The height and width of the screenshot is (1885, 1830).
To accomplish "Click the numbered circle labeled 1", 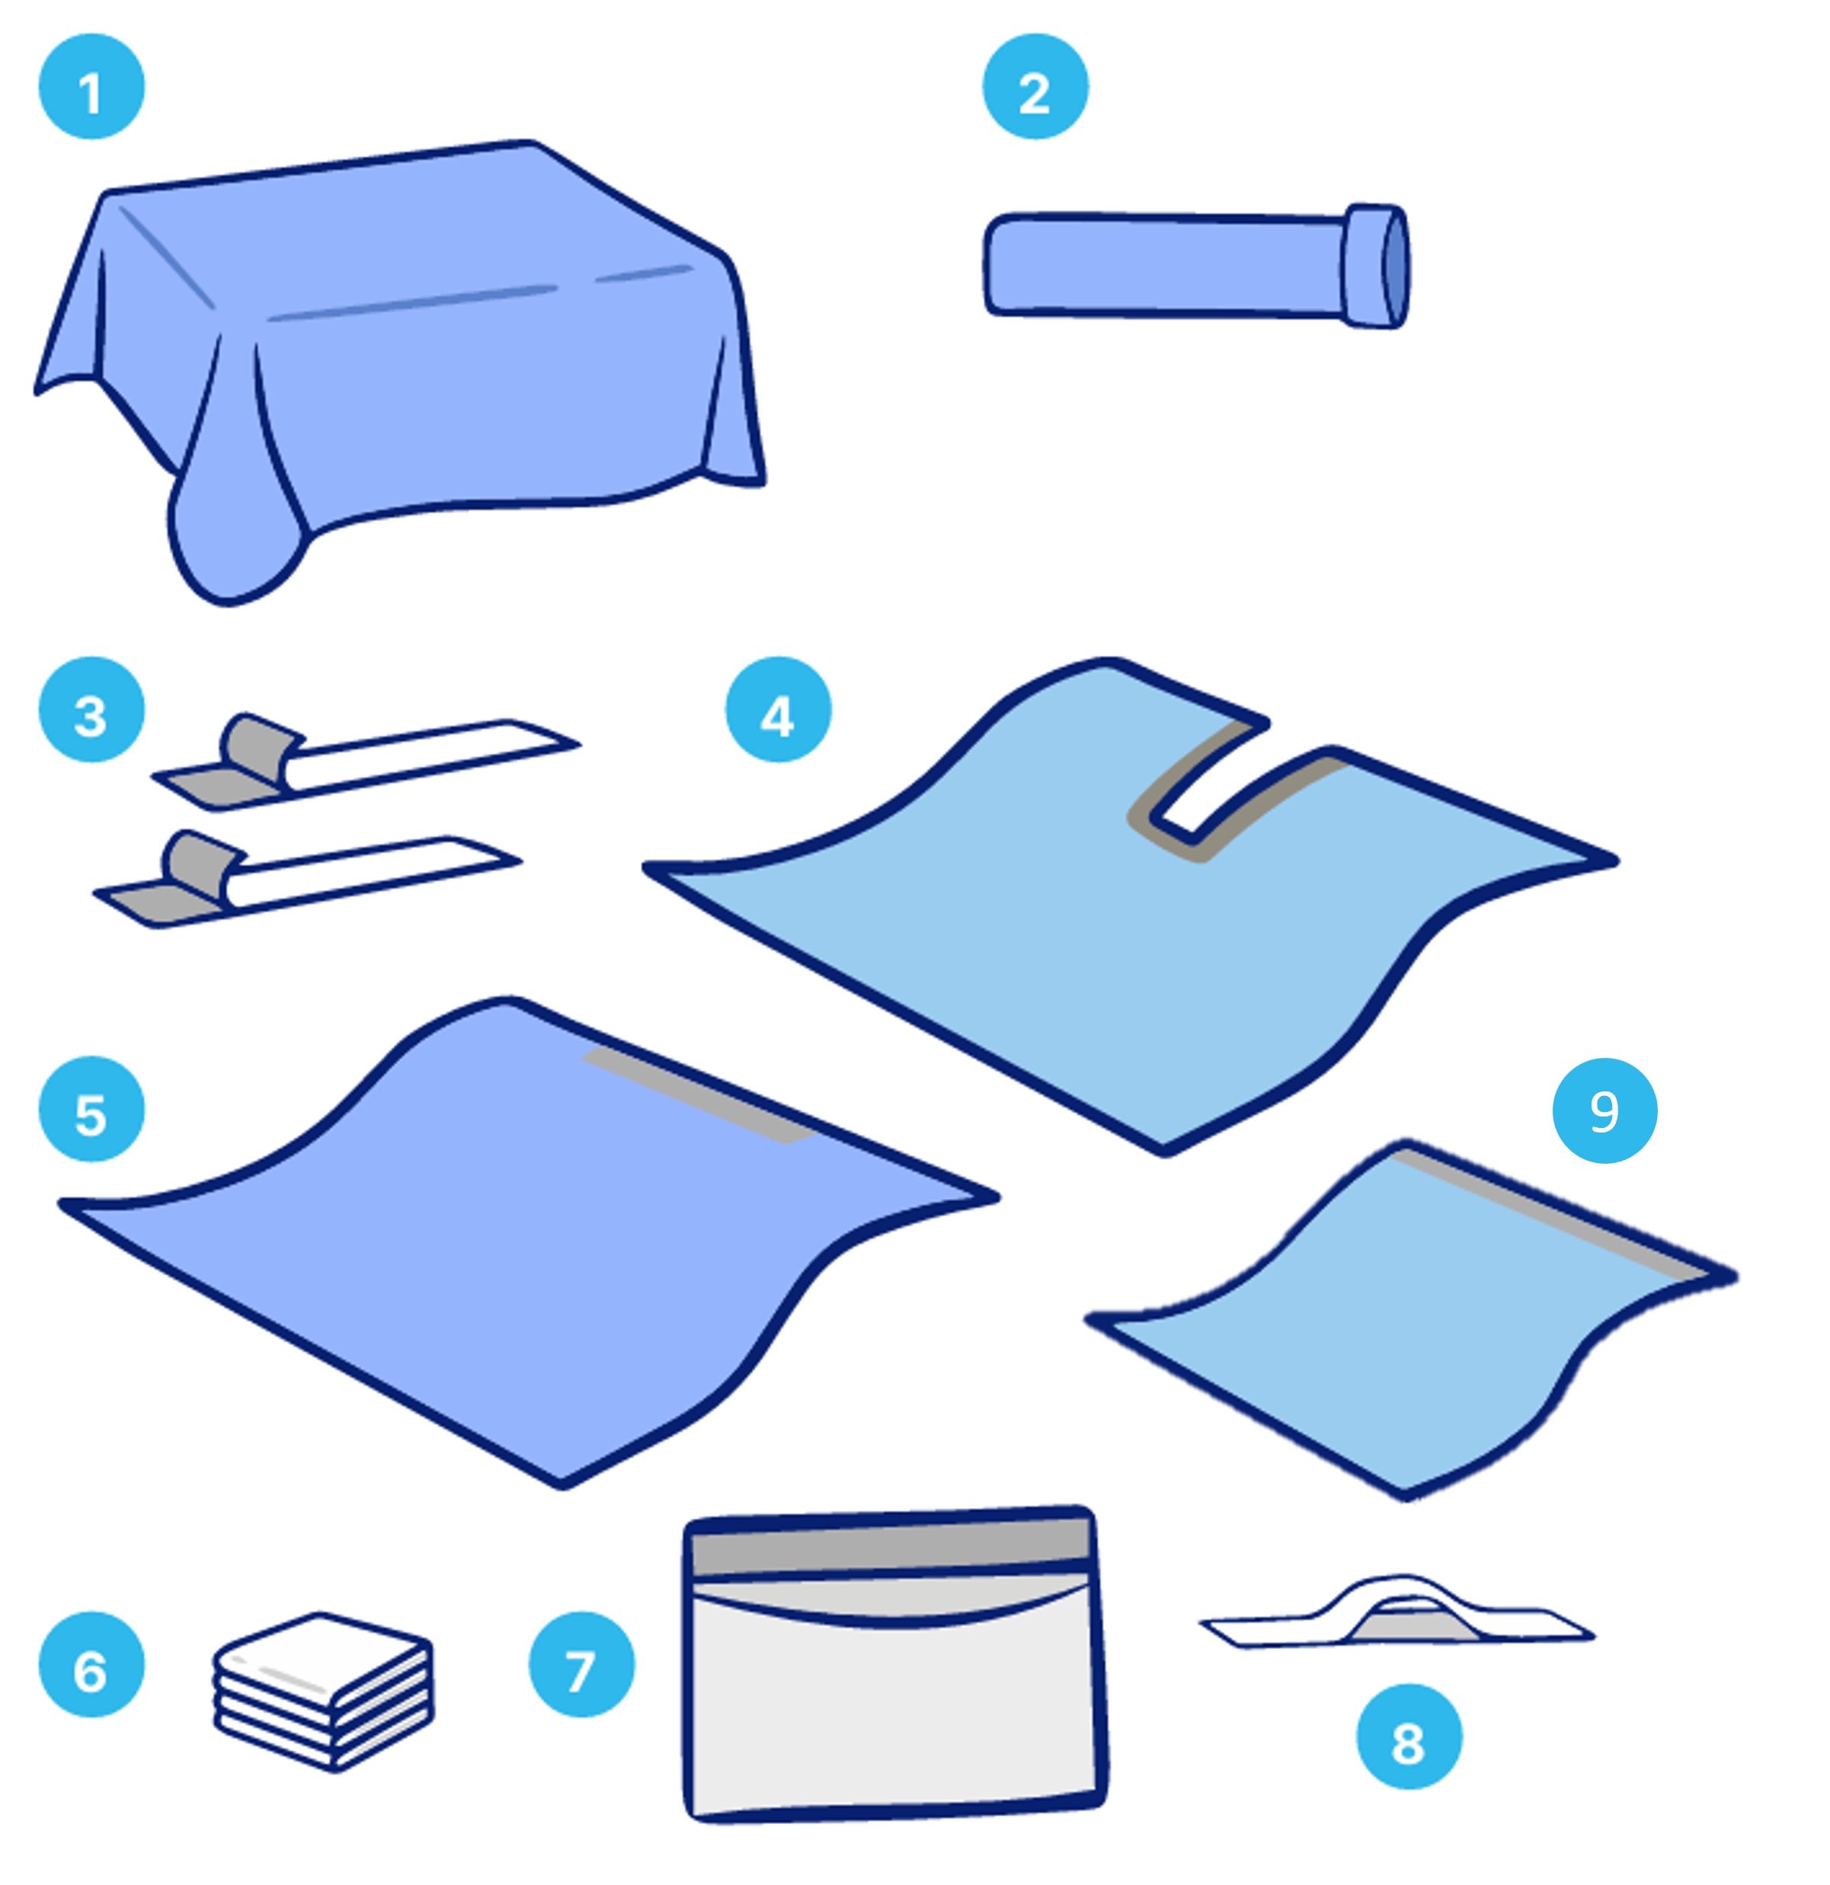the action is point(91,87).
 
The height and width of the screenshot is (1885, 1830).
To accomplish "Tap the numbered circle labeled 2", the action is point(1035,87).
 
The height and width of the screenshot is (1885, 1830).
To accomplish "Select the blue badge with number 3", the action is point(91,710).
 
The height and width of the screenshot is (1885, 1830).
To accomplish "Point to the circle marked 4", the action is point(777,710).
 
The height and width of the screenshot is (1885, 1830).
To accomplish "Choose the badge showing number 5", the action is point(91,1109).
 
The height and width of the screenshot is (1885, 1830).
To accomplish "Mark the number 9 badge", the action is point(1604,1110).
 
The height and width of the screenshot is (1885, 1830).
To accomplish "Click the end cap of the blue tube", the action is point(1377,267).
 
